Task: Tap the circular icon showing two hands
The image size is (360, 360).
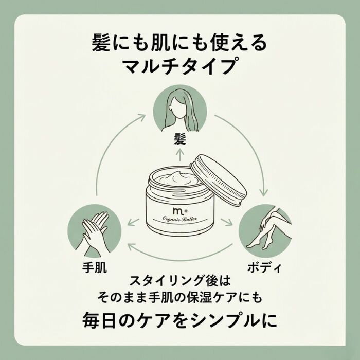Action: [94, 231]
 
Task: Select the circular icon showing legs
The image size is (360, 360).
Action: [265, 231]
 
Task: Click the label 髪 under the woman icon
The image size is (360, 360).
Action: [180, 139]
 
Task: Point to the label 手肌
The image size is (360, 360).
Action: [94, 267]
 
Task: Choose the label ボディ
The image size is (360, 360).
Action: [264, 268]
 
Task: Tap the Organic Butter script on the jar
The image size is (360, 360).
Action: [180, 219]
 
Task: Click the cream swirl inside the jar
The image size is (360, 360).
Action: [176, 178]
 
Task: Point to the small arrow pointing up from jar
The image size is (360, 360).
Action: [180, 155]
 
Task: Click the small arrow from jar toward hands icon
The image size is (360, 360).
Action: [133, 222]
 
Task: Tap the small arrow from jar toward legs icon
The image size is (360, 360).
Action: [226, 222]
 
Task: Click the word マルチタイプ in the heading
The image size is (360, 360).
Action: [180, 66]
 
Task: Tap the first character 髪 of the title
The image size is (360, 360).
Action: [101, 43]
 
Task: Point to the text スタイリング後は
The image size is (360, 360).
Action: [180, 281]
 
